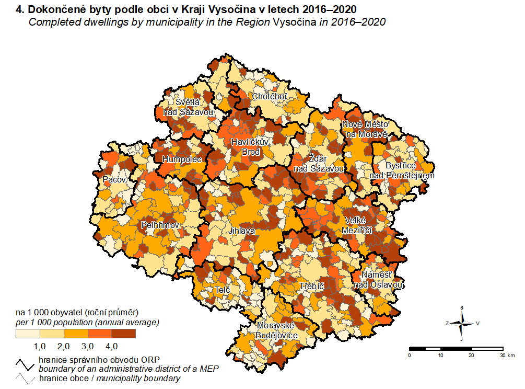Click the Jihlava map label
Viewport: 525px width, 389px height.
(241, 230)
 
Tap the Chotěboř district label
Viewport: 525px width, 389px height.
(270, 97)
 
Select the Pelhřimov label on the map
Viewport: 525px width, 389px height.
(160, 225)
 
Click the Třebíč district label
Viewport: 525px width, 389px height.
(312, 287)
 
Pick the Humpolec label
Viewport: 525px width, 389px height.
(182, 159)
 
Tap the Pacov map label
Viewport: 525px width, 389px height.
(114, 180)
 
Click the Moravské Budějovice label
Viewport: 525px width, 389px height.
(277, 330)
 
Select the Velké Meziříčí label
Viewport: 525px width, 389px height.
(357, 225)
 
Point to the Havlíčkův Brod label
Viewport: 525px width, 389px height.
(250, 147)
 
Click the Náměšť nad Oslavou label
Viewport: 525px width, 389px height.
(378, 280)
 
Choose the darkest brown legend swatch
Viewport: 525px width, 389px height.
(123, 334)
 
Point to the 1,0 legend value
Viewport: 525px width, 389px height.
(40, 346)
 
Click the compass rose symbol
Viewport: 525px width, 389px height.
(462, 323)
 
